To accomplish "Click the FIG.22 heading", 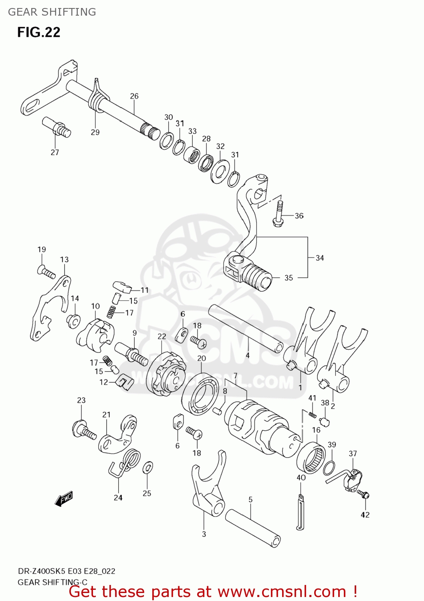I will point(38,32).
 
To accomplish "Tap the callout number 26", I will point(134,96).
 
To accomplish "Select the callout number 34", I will point(319,258).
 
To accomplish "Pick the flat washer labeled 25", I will point(147,468).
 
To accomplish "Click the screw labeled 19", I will point(46,272).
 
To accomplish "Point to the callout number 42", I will point(365,515).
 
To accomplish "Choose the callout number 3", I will point(204,534).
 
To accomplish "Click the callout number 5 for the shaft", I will point(250,500).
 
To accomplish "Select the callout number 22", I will point(162,337).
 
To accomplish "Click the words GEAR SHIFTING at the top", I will point(52,12).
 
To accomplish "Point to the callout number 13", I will point(64,260).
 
